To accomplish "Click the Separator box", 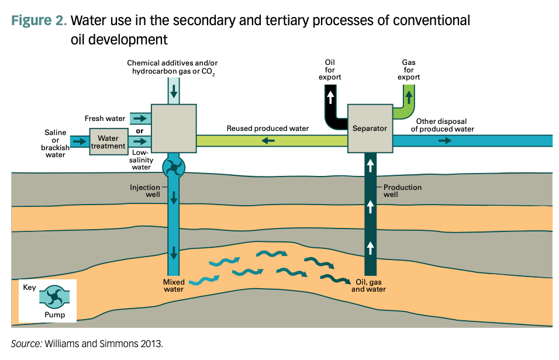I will point(370,129).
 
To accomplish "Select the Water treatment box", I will point(108,142).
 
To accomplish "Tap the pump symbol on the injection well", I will point(174,168).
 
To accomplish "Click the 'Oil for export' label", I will point(330,70).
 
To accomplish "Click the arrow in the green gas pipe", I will point(408,94).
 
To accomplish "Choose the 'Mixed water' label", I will point(173,285).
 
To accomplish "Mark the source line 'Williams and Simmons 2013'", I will point(87,344).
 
